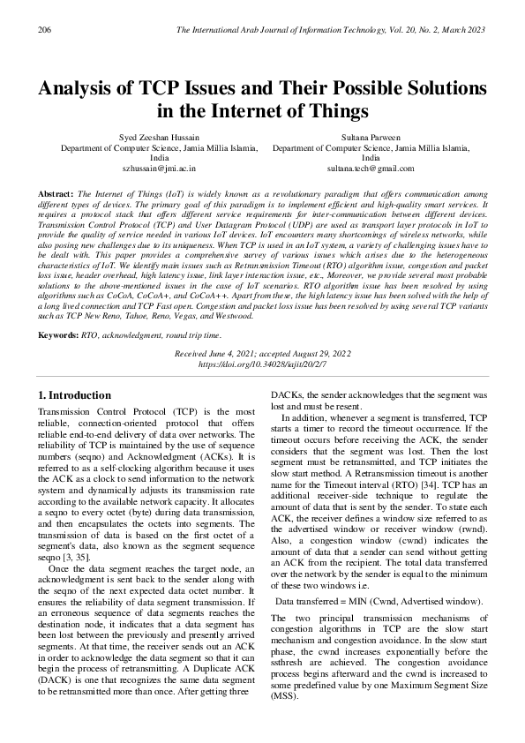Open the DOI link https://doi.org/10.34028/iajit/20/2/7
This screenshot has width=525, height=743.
point(262,339)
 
